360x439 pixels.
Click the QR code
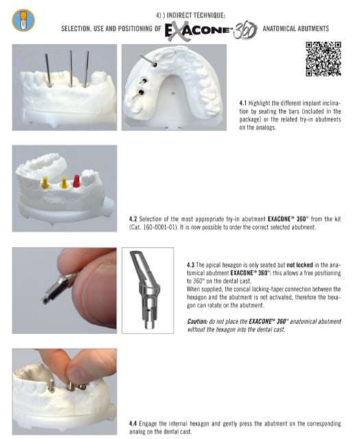pos(323,59)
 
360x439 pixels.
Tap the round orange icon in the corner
pos(23,20)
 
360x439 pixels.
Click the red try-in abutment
pos(76,181)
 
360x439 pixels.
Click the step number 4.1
pos(243,103)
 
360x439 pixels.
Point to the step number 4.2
pos(133,219)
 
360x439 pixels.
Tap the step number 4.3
pos(191,265)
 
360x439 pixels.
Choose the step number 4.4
pos(133,423)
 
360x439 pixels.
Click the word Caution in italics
pos(197,321)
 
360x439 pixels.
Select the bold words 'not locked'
pos(300,265)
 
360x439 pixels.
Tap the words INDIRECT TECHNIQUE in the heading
pos(195,15)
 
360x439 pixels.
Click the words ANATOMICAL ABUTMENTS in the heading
pos(296,29)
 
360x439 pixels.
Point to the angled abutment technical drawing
pos(145,290)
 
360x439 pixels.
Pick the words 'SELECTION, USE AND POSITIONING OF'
pos(111,29)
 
